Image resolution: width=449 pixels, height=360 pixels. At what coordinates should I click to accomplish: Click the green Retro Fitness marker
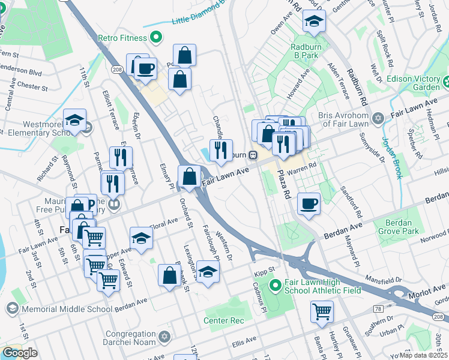(x=156, y=38)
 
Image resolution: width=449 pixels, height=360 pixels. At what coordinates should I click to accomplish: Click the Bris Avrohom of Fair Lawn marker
(x=378, y=117)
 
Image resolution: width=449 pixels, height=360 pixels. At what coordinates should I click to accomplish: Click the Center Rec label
(x=223, y=320)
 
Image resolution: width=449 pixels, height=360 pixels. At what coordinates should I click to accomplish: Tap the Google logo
(x=19, y=353)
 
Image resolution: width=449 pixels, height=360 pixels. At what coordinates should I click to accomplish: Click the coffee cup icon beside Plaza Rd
(x=309, y=204)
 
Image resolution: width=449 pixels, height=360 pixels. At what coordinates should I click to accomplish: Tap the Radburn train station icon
(x=254, y=155)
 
